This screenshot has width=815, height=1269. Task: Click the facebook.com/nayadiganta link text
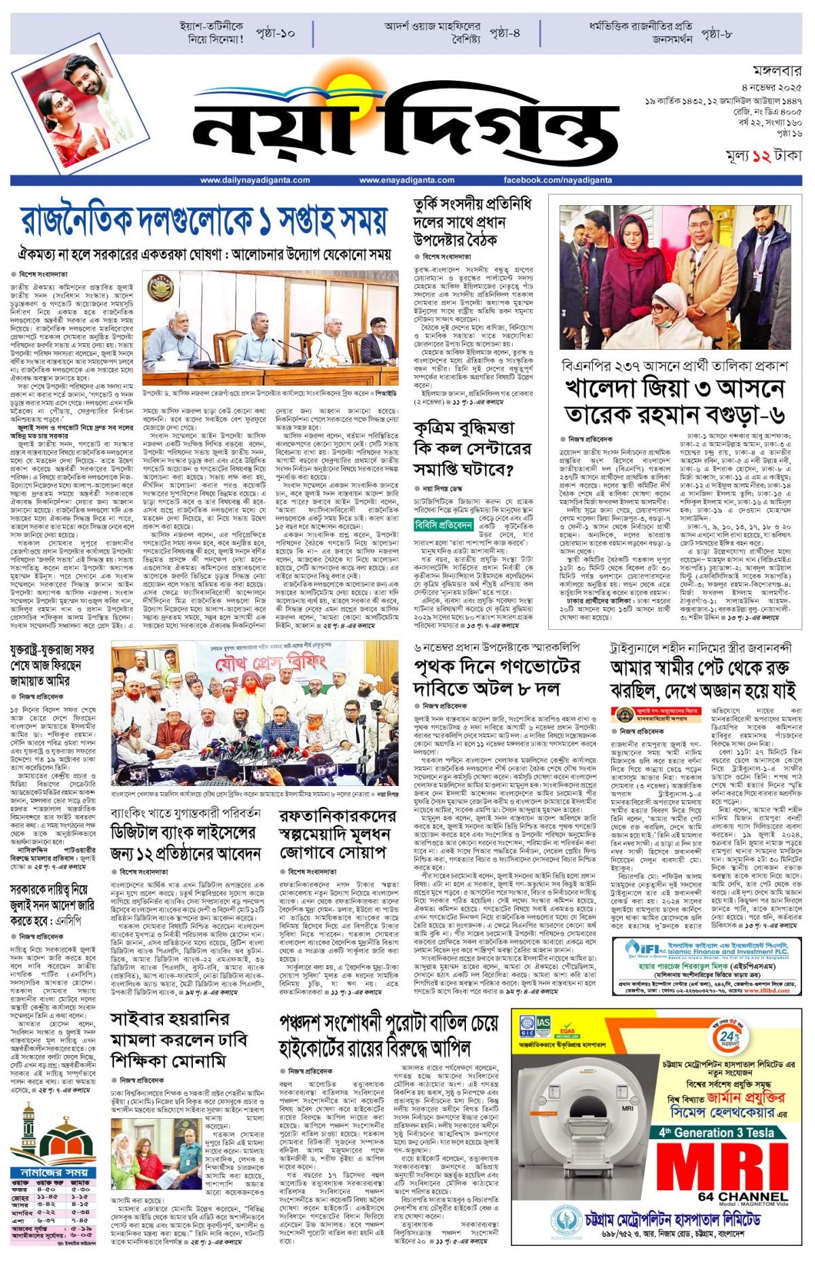point(558,181)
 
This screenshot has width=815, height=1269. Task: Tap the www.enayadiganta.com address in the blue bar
point(407,181)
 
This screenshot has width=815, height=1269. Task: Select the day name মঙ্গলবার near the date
point(777,71)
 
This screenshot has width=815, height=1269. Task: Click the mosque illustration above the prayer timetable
point(51,1134)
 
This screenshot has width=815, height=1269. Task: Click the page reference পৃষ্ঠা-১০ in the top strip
point(275,33)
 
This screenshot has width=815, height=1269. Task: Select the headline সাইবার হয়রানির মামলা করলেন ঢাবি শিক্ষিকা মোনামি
point(179,1040)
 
